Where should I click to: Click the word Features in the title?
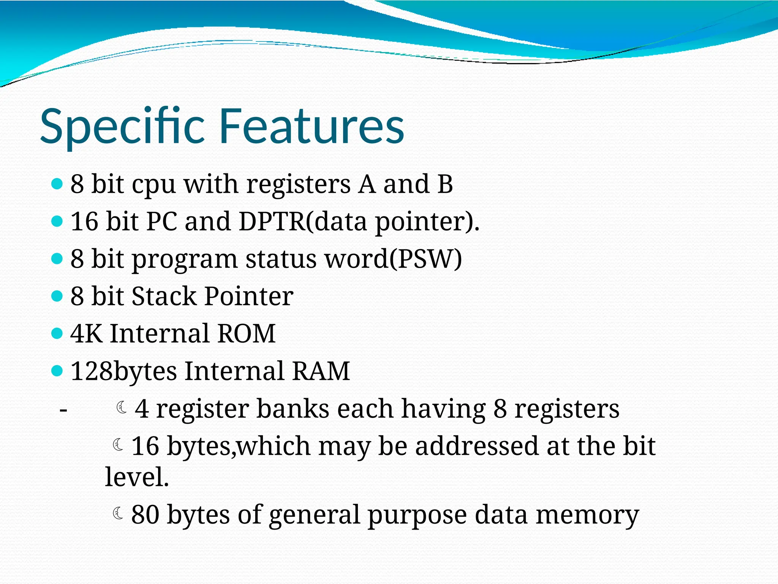pos(312,126)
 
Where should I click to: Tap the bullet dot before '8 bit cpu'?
pos(57,184)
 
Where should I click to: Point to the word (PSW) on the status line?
pos(426,259)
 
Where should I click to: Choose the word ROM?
pos(246,333)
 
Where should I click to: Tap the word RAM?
pos(321,371)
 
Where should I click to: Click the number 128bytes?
pos(123,371)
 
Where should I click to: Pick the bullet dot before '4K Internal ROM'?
pos(57,333)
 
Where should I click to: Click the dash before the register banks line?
pos(63,410)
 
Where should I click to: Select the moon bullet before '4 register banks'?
pos(122,407)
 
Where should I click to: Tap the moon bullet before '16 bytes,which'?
pos(118,444)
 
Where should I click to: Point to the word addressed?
pos(477,446)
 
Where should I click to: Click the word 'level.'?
pos(137,477)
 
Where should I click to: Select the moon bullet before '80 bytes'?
pos(118,513)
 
